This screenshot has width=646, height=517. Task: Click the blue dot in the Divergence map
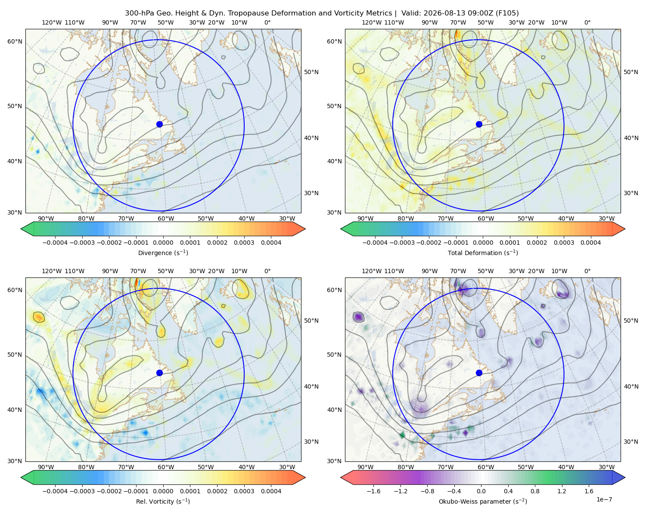[x=159, y=124]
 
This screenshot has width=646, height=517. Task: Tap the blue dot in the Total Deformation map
[x=479, y=124]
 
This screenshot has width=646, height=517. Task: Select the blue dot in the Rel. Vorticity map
[x=159, y=373]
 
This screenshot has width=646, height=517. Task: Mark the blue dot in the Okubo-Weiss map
[x=479, y=373]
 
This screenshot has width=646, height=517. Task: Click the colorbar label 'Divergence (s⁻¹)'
[x=163, y=252]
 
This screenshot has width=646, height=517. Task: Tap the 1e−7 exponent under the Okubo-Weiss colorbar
[x=604, y=499]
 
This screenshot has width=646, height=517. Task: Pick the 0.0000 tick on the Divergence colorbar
[x=163, y=243]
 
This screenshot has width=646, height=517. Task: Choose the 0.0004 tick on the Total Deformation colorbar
[x=590, y=243]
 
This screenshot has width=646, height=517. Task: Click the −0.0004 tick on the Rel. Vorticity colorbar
[x=55, y=491]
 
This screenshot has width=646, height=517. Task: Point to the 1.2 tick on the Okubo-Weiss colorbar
[x=562, y=491]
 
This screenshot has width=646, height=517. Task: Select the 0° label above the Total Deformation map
[x=587, y=22]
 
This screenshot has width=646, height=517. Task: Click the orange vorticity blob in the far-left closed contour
[x=39, y=317]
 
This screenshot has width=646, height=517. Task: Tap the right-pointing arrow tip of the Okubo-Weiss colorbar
[x=625, y=477]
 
